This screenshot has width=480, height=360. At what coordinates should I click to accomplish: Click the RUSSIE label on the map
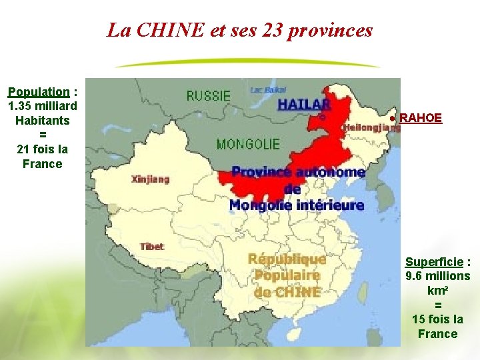(x=208, y=96)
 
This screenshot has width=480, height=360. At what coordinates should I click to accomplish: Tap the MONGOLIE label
(x=248, y=144)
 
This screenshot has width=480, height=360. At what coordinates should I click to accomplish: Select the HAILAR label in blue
(x=304, y=104)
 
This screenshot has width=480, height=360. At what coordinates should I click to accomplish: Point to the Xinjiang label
(x=150, y=179)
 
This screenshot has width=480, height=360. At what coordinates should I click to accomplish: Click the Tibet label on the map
(x=152, y=246)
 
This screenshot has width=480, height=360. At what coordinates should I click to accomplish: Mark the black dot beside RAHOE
(x=394, y=119)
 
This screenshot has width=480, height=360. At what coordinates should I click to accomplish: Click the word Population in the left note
(x=39, y=92)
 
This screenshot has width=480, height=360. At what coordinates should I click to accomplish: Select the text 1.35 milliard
(x=42, y=107)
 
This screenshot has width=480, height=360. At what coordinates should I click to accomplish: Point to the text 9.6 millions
(x=438, y=276)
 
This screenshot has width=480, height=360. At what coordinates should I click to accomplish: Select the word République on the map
(x=287, y=259)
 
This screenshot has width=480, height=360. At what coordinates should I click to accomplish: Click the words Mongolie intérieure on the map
(x=297, y=205)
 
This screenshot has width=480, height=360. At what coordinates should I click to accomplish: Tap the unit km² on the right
(x=437, y=291)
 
